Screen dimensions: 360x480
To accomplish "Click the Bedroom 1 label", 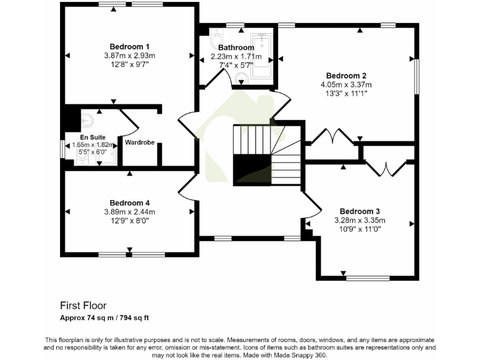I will (129, 46).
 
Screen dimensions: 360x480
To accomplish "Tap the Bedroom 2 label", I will (337, 76).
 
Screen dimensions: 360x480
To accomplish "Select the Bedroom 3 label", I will (359, 211).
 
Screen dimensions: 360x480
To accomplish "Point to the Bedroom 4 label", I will (129, 202).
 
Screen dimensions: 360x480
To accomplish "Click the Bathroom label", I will (236, 47).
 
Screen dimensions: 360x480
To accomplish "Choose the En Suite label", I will (92, 137).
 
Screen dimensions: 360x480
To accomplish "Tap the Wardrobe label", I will (139, 142).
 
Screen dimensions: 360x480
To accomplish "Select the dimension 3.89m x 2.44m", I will (129, 212).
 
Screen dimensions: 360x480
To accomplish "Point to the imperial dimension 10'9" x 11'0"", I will (359, 229).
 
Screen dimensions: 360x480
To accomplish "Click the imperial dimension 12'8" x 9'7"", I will (129, 64).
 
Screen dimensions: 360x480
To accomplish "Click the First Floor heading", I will (83, 306).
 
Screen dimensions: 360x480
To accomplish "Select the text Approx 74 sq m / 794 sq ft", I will (104, 317).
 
